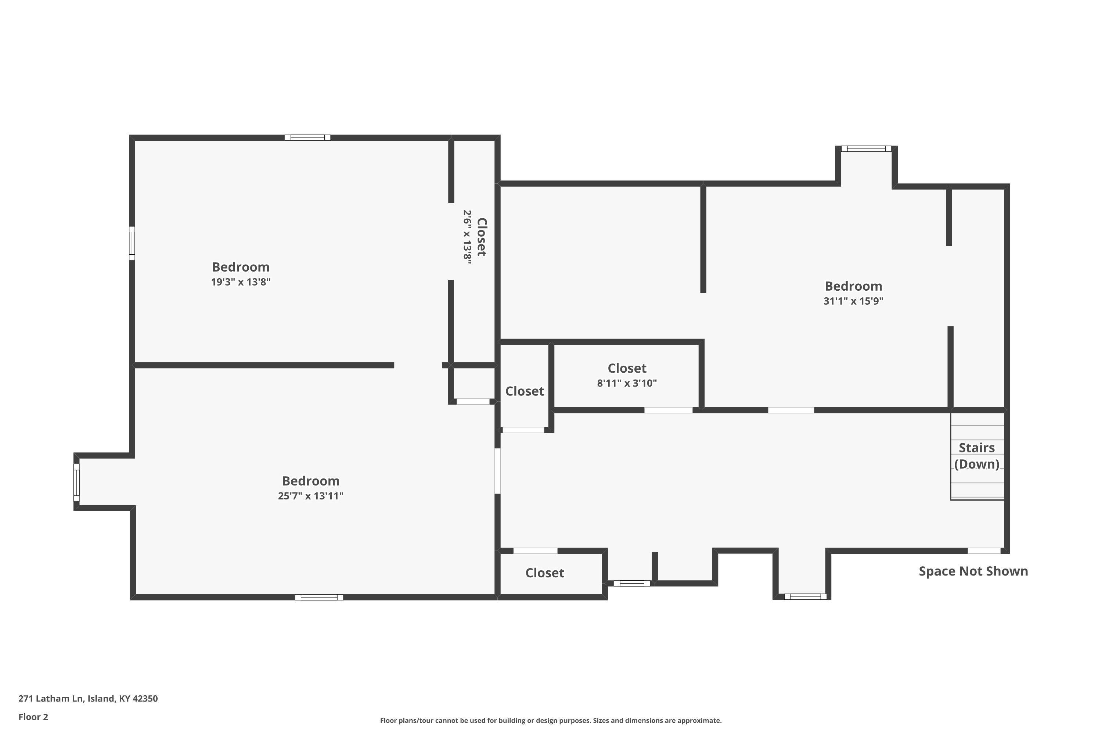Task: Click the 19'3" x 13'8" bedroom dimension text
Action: point(241,282)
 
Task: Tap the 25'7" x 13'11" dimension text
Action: point(311,496)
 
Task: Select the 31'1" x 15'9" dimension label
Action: point(853,301)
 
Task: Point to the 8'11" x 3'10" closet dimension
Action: point(627,383)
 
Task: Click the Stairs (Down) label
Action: point(977,456)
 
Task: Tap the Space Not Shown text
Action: point(973,571)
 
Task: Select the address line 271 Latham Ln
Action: point(88,699)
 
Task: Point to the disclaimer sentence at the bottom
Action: point(551,720)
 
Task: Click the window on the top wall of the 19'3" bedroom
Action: point(308,138)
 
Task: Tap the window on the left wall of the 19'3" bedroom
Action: point(132,243)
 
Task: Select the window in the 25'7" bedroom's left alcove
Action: point(76,483)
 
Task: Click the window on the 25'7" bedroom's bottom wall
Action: point(319,597)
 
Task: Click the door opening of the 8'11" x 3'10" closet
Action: point(669,410)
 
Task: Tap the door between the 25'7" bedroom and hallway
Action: point(498,471)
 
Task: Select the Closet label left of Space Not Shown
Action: point(545,573)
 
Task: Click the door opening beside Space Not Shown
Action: point(984,551)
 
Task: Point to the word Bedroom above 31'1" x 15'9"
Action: point(853,286)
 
